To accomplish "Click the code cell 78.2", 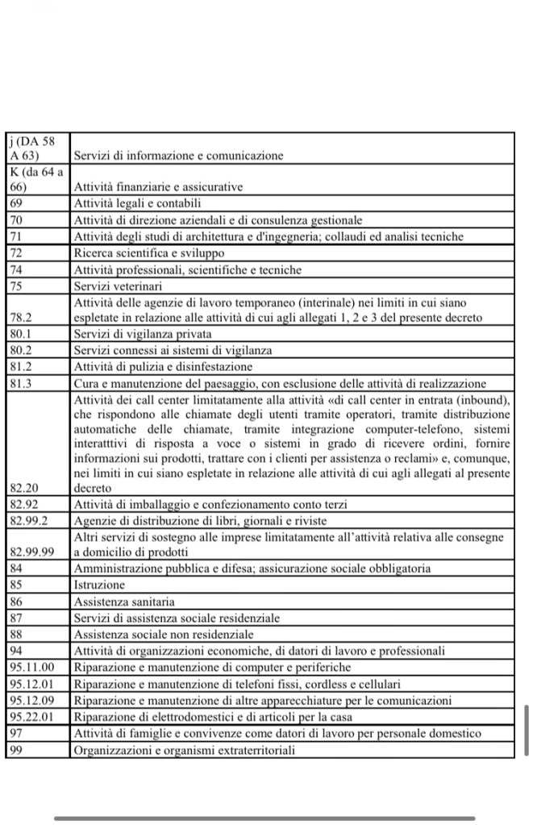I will pos(19,318).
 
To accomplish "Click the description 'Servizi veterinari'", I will pos(118,285).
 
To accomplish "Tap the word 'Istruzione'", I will pos(99,585).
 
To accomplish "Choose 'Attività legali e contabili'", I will pos(137,203).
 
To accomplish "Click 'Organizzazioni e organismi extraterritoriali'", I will pos(185,750).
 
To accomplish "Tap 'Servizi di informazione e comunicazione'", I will pos(178,155).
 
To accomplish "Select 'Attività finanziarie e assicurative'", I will pos(158,187).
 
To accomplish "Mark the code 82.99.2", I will pos(28,520).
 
